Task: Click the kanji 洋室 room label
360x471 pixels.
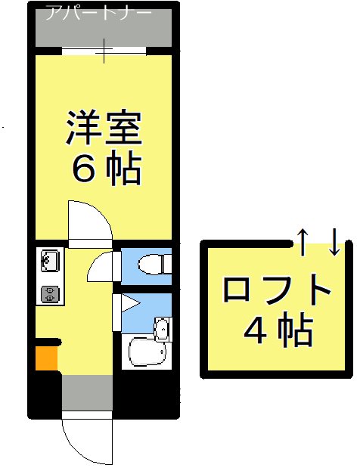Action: (x=104, y=129)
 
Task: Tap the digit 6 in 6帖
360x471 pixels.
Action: (x=82, y=170)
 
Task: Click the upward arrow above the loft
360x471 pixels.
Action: (x=301, y=240)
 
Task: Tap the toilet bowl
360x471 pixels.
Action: (x=154, y=264)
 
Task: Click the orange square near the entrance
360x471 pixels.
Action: (x=46, y=357)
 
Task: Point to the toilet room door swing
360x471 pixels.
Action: (x=102, y=267)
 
